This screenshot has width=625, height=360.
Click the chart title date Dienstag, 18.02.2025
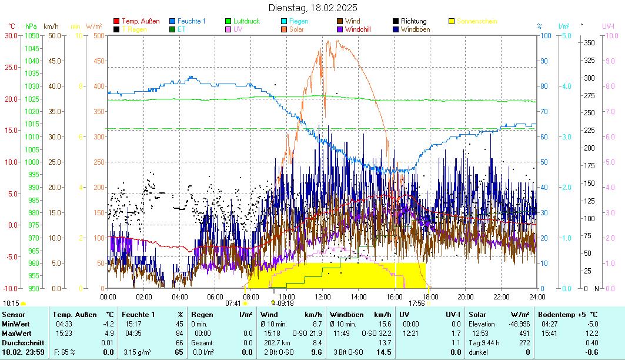(312, 8)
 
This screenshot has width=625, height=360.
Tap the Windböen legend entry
(414, 29)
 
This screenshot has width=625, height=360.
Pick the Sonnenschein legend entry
(477, 21)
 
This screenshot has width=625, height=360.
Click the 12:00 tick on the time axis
(323, 296)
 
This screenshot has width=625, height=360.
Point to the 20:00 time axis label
(466, 296)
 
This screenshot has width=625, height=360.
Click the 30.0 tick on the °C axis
(11, 35)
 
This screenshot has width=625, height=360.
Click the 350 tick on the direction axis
(589, 42)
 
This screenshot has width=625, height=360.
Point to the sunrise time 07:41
(233, 304)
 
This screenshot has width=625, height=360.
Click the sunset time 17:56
(416, 304)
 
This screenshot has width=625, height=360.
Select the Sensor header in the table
(14, 315)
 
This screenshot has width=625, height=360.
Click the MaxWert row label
(16, 333)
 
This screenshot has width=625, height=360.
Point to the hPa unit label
(31, 26)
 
